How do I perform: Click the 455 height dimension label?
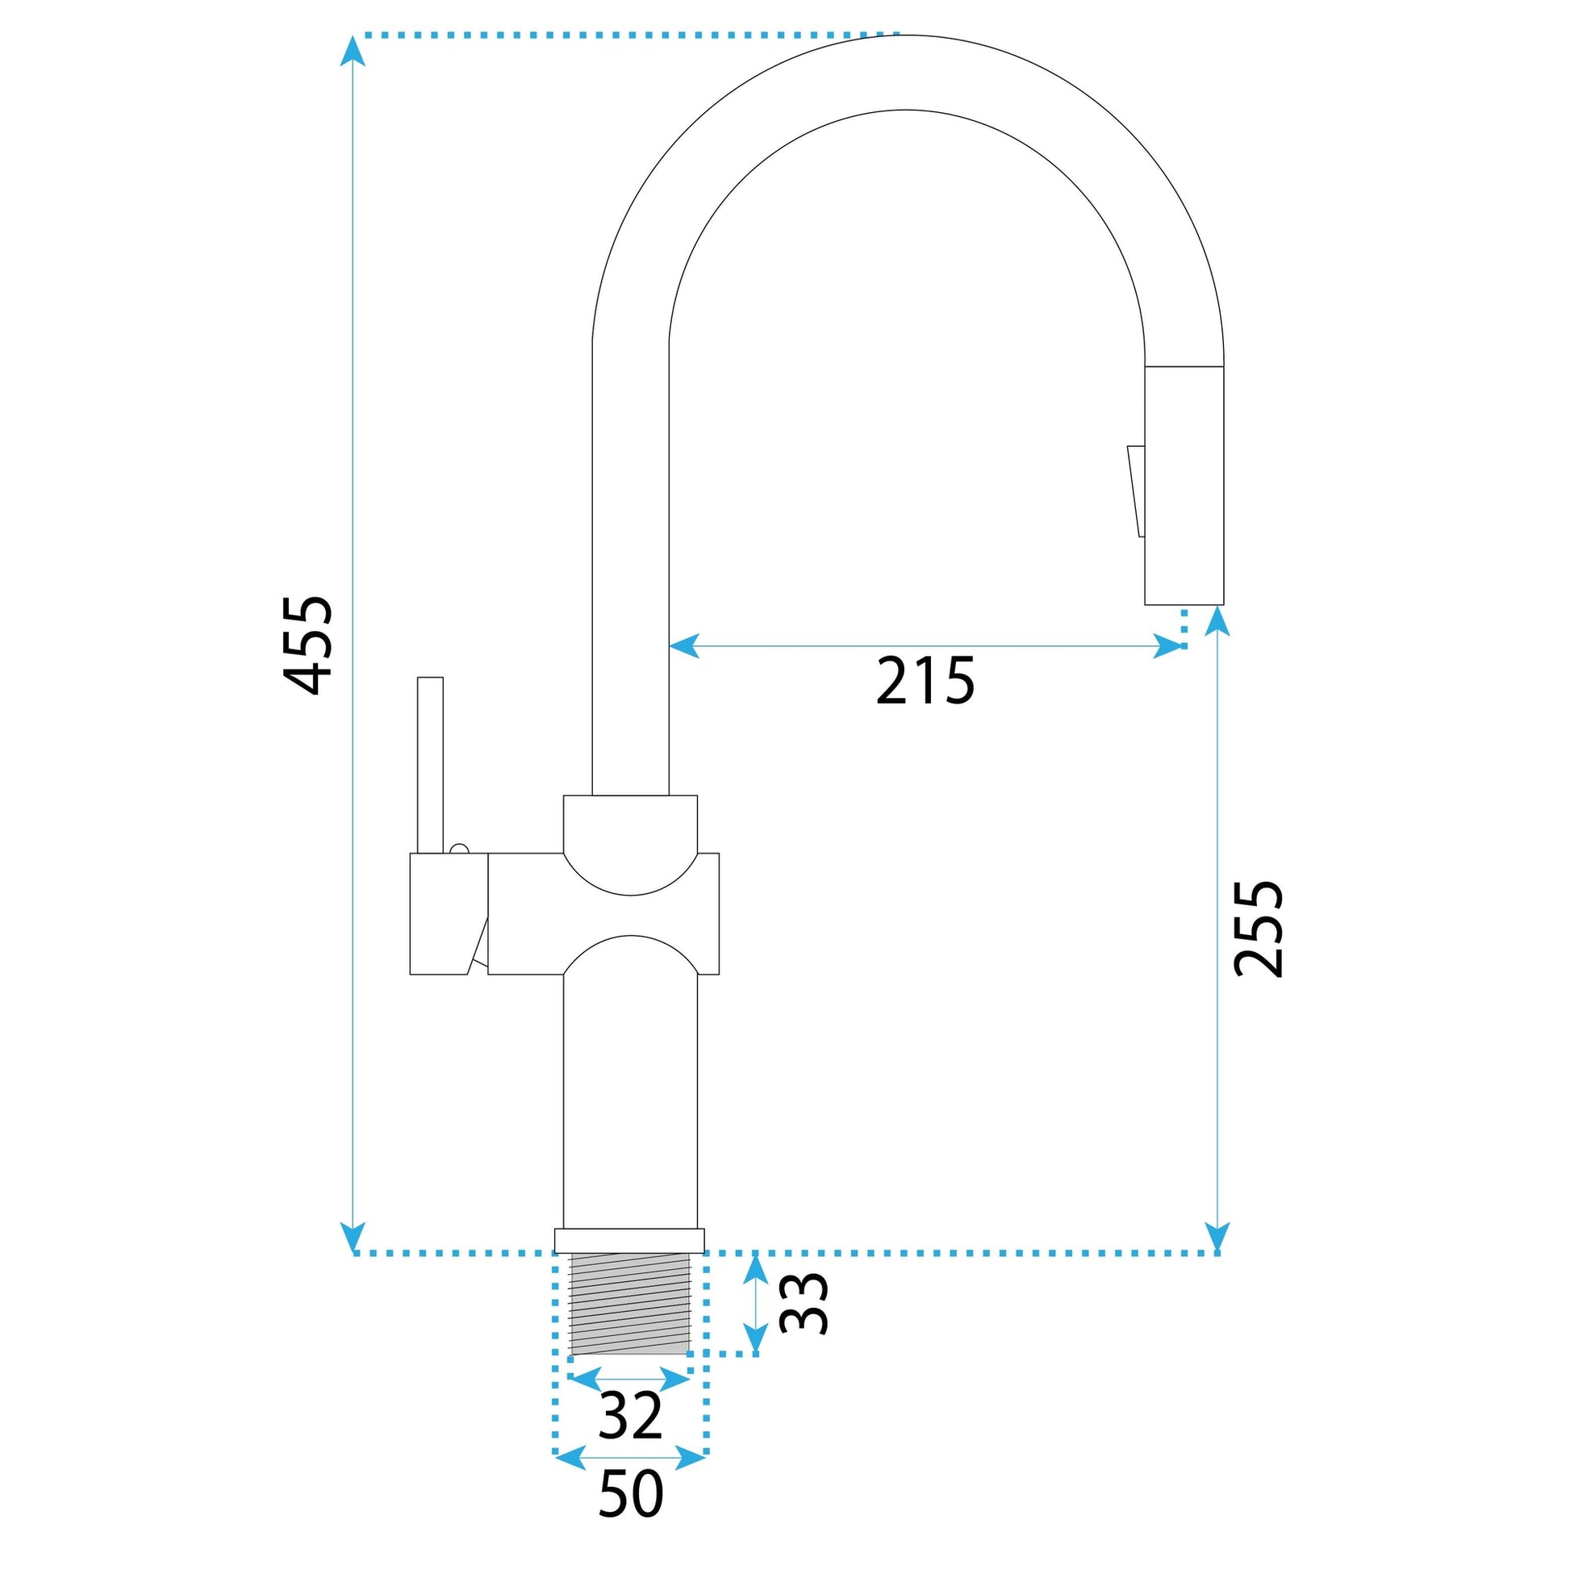[x=307, y=646]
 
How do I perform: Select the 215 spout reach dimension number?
[x=925, y=681]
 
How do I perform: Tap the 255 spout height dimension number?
[x=1257, y=928]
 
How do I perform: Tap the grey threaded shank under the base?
[x=630, y=1308]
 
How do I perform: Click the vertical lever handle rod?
[x=430, y=766]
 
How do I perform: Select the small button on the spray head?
[x=1136, y=491]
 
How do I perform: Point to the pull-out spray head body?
[x=1184, y=485]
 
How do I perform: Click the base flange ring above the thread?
[x=630, y=1241]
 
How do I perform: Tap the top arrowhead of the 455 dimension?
[x=352, y=50]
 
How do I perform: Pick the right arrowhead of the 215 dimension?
[x=1167, y=646]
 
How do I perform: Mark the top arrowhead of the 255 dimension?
[x=1217, y=622]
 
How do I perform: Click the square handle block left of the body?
[x=449, y=913]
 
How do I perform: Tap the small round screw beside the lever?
[x=459, y=850]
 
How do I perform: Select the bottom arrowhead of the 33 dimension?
[x=756, y=1338]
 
